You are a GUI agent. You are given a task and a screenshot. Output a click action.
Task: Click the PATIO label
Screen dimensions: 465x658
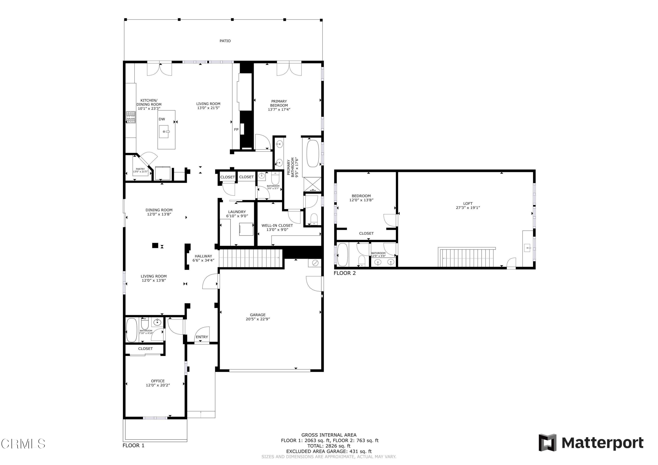pos(225,41)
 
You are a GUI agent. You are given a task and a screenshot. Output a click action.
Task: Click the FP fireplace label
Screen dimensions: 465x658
pos(236,130)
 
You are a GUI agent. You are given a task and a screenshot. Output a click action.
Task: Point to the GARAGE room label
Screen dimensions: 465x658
pos(258,315)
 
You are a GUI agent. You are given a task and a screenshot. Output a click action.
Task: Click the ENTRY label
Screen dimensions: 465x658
pos(202,337)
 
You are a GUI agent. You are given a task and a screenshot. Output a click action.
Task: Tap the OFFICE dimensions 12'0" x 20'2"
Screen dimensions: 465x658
pos(158,385)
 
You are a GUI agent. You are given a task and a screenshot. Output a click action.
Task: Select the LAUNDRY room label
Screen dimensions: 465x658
pos(237,212)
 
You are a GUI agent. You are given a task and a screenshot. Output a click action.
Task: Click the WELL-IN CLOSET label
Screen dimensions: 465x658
pos(277,225)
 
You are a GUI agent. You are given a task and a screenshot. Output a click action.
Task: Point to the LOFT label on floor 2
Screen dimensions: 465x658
pos(468,203)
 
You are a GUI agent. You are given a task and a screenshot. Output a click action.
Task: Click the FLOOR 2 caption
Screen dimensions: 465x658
pos(345,273)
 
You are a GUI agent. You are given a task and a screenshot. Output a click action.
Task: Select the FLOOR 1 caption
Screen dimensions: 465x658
pos(133,445)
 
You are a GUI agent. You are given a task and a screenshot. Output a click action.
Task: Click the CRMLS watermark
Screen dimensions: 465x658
pos(23,444)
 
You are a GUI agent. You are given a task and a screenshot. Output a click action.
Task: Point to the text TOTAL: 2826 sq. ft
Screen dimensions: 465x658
pos(329,446)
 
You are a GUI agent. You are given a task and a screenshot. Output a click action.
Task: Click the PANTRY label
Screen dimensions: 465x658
pos(140,169)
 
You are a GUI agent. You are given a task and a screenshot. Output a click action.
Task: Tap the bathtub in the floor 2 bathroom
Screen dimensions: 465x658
pos(342,255)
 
